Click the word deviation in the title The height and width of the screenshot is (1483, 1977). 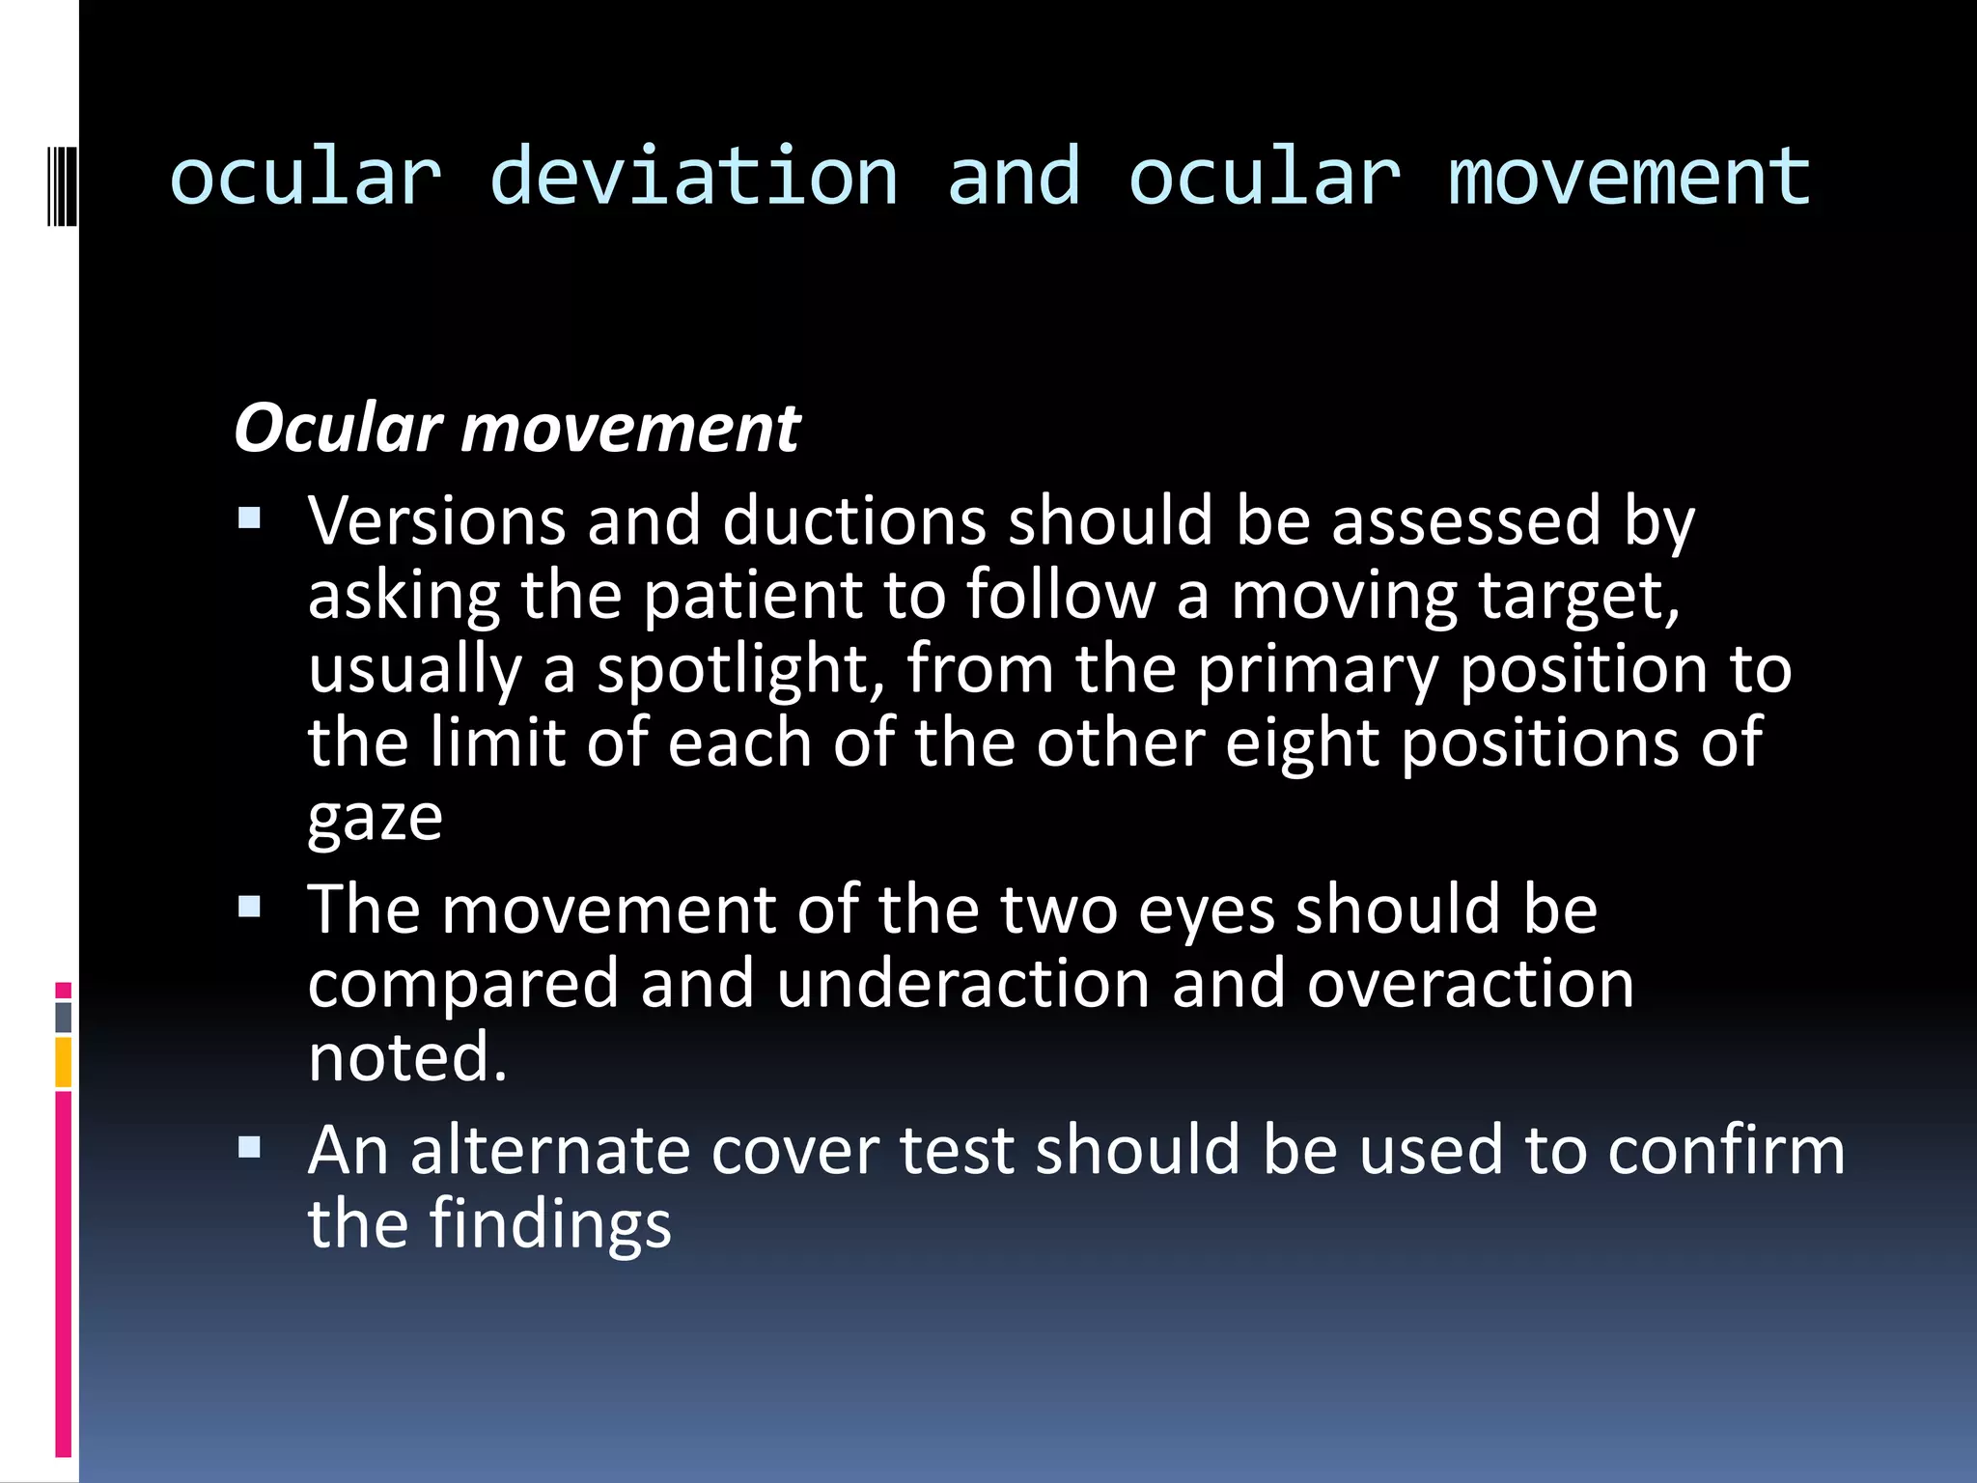pyautogui.click(x=693, y=178)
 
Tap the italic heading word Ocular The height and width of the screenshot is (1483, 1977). pyautogui.click(x=338, y=428)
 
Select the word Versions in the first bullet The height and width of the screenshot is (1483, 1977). pyautogui.click(x=435, y=521)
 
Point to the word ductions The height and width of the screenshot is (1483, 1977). pyautogui.click(x=853, y=521)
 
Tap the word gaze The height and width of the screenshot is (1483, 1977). pyautogui.click(x=375, y=819)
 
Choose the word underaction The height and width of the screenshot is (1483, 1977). pyautogui.click(x=962, y=984)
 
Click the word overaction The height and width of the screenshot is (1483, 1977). pyautogui.click(x=1470, y=984)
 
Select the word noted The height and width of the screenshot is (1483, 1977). pyautogui.click(x=406, y=1057)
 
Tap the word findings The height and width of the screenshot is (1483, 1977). pyautogui.click(x=549, y=1224)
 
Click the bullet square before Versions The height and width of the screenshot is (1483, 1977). pyautogui.click(x=250, y=519)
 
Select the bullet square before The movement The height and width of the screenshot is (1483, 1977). pyautogui.click(x=250, y=907)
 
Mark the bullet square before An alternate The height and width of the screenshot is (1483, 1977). pyautogui.click(x=250, y=1147)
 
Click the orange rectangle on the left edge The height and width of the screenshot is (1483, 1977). pyautogui.click(x=63, y=1062)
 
